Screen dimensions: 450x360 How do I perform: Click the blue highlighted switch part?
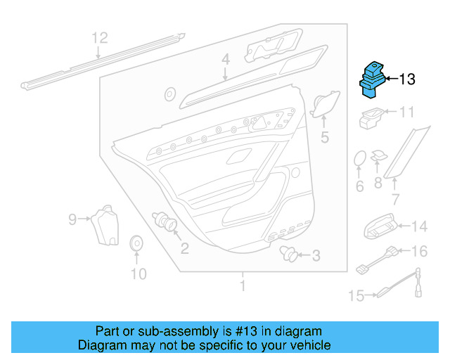click(372, 80)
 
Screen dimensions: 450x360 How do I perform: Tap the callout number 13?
click(407, 79)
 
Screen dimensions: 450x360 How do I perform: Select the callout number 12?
click(100, 38)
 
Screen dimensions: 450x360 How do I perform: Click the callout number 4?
click(226, 60)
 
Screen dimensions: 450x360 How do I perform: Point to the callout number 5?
click(325, 137)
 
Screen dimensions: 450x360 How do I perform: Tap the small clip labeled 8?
click(378, 156)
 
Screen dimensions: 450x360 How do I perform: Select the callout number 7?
click(396, 199)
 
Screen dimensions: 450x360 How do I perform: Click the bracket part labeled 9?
click(105, 226)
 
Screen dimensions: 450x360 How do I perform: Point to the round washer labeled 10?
click(136, 243)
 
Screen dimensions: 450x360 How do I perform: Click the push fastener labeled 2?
click(165, 221)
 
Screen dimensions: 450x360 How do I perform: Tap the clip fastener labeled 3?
click(288, 253)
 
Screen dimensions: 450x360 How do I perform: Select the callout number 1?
click(243, 285)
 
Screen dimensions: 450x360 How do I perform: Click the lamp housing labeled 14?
click(380, 226)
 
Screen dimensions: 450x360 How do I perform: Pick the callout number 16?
click(420, 251)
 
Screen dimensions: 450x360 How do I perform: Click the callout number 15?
click(356, 295)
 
